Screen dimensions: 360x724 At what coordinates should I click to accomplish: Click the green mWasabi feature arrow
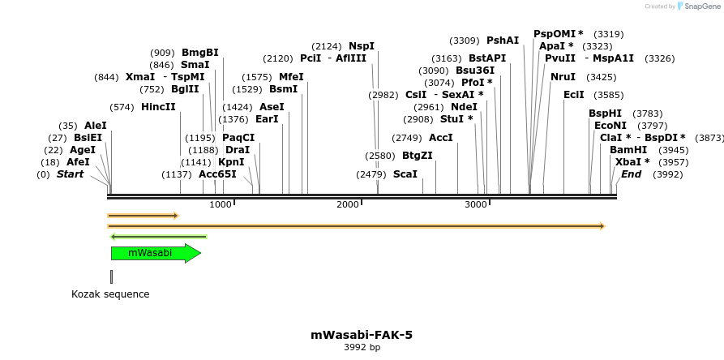[x=155, y=253]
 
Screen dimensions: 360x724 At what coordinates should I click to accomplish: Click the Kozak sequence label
[x=110, y=294]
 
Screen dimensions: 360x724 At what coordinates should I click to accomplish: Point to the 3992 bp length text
[x=362, y=347]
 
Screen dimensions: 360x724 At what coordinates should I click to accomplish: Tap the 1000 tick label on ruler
[x=221, y=204]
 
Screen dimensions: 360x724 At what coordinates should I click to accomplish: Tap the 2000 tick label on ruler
[x=348, y=204]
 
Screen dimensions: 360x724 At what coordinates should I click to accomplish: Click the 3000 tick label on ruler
[x=475, y=204]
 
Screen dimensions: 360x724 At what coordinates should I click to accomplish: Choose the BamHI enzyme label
[x=628, y=150]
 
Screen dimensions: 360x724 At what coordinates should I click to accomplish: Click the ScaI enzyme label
[x=405, y=174]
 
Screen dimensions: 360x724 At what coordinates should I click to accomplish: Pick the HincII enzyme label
[x=158, y=107]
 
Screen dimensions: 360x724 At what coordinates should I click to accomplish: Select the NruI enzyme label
[x=563, y=77]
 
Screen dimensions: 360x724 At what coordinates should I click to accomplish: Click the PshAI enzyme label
[x=503, y=41]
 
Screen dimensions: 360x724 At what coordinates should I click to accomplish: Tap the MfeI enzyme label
[x=291, y=77]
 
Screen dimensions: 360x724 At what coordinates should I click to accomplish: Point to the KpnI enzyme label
[x=231, y=162]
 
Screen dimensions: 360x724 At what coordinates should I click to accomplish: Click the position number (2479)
[x=371, y=174]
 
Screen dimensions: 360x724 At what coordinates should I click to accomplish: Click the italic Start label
[x=70, y=174]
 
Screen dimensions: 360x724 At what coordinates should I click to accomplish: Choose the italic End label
[x=631, y=174]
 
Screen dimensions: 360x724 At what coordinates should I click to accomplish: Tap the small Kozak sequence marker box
[x=111, y=276]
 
